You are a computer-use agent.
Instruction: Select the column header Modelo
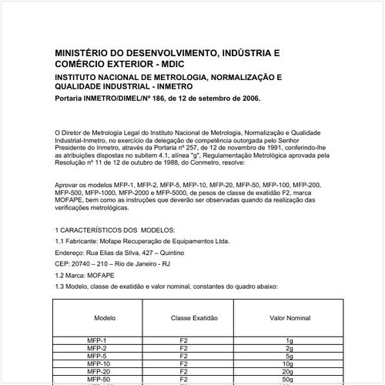click(x=105, y=317)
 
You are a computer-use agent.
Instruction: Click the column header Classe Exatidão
click(x=195, y=317)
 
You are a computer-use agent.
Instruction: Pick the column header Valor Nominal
click(x=290, y=317)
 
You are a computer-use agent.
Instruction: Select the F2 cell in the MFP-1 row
click(x=183, y=340)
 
